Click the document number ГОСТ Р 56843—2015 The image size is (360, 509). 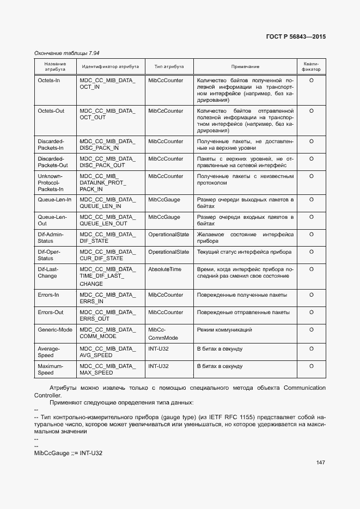coord(299,37)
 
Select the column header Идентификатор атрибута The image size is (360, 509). coord(110,66)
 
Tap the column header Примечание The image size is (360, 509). coord(245,66)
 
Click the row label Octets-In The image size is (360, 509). coord(48,81)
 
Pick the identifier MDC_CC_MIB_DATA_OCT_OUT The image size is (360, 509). coord(107,114)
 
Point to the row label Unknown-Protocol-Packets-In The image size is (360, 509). coord(50,183)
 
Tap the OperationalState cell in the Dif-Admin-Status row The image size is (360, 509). coord(168,235)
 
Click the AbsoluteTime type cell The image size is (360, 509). coord(164,269)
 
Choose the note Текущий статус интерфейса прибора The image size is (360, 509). coord(244,252)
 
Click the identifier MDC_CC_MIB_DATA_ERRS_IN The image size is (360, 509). coord(107,298)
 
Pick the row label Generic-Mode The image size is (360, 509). coord(54,330)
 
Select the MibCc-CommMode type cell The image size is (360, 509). coord(160,334)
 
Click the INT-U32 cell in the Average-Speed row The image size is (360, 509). coord(158,348)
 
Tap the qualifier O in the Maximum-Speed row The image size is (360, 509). coord(312,366)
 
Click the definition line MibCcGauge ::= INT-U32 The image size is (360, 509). coord(68,453)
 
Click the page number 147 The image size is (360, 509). coord(320,463)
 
